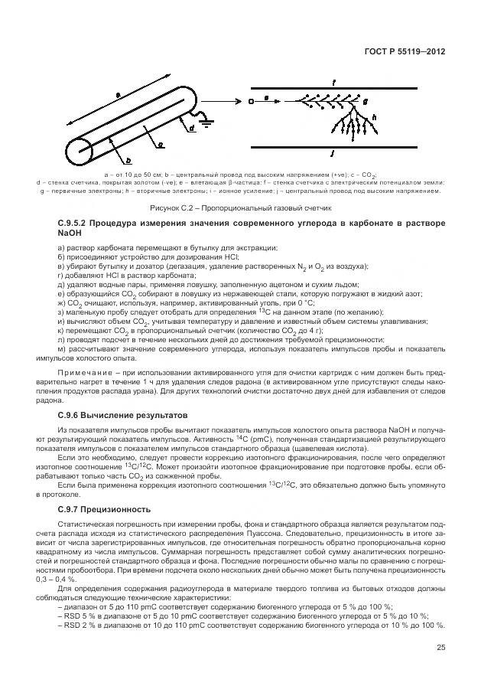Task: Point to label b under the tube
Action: pos(128,160)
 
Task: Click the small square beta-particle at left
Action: pos(252,100)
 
